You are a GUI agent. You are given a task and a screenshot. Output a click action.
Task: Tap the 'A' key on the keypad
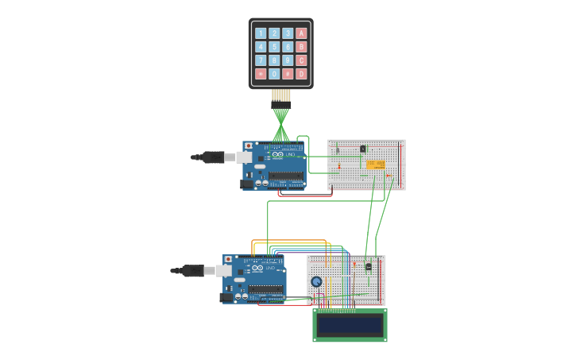pos(301,33)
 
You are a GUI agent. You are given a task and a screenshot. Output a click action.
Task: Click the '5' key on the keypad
pos(274,47)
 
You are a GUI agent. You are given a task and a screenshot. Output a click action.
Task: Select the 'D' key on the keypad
pos(301,74)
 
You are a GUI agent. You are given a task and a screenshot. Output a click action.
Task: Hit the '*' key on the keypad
pos(261,74)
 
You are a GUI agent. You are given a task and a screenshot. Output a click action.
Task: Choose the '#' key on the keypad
pos(288,74)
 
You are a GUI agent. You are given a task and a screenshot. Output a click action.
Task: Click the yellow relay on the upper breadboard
pos(376,165)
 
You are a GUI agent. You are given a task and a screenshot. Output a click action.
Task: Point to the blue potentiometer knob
pos(316,281)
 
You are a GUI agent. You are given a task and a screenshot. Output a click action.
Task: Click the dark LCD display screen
pos(350,325)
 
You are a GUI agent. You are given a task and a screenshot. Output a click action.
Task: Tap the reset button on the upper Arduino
pos(249,146)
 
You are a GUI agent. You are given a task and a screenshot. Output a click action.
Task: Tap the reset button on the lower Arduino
pos(228,259)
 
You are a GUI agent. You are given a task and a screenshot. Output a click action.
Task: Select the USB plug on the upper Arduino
pos(213,157)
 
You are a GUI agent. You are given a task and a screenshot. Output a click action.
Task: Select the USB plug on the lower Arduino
pos(192,271)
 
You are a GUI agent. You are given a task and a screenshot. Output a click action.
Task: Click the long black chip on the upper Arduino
pos(285,176)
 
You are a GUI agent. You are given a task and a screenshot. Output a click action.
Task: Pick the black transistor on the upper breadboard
pos(363,149)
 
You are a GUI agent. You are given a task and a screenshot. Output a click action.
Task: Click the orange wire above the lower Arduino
pos(290,240)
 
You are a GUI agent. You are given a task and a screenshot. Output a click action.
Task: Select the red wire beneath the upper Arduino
pos(306,195)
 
